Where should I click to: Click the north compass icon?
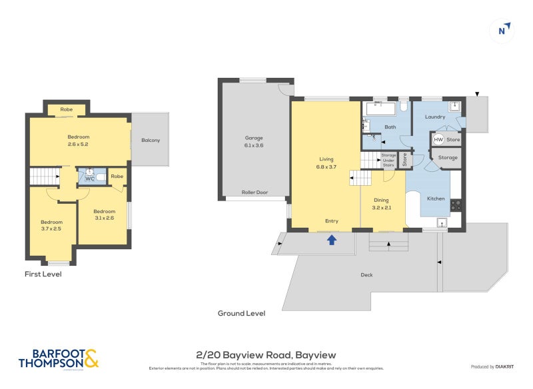click(x=504, y=29)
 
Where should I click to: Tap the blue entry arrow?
click(x=331, y=240)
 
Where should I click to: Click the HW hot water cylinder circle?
click(x=438, y=140)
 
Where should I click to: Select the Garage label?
click(x=254, y=139)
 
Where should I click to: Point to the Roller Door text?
click(x=255, y=193)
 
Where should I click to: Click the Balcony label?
click(x=150, y=140)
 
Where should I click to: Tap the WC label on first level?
click(x=89, y=179)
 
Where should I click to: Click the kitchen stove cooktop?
click(x=456, y=205)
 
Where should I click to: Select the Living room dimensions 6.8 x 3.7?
click(x=326, y=167)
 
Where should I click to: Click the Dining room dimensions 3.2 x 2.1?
click(x=382, y=206)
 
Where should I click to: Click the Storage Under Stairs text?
click(x=388, y=159)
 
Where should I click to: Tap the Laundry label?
click(x=435, y=117)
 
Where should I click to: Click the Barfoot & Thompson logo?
click(x=59, y=358)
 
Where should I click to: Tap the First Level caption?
click(x=43, y=274)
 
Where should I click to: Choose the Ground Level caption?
click(x=241, y=313)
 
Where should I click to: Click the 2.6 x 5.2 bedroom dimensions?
click(x=78, y=144)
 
